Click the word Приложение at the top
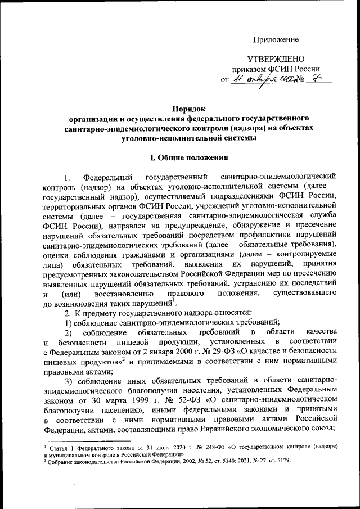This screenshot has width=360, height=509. pyautogui.click(x=276, y=39)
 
